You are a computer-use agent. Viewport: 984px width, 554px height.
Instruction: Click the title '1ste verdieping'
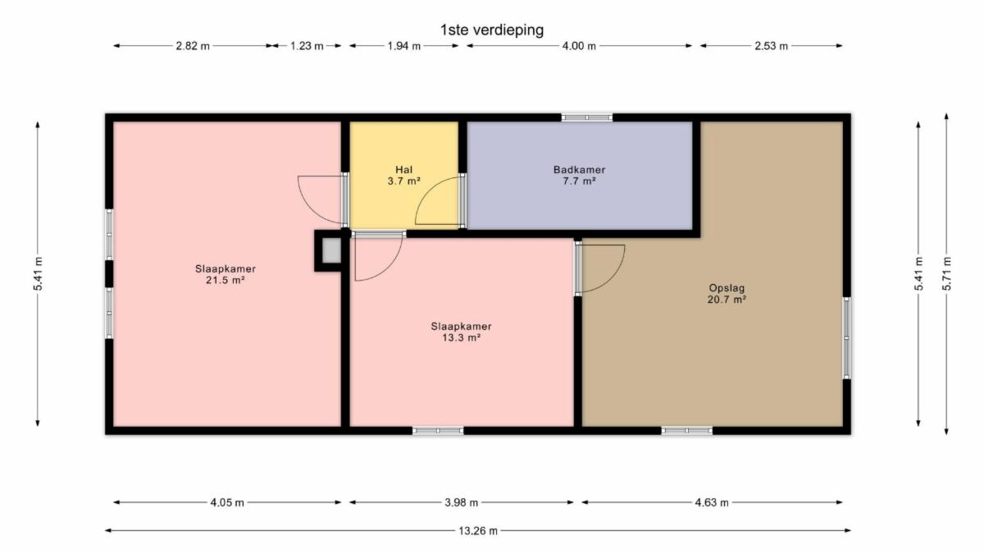tap(492, 30)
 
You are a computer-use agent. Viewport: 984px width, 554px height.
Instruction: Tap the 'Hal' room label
tap(403, 170)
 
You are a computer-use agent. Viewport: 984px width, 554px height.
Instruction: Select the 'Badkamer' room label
tap(579, 170)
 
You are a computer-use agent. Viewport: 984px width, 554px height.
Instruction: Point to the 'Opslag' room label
tap(727, 288)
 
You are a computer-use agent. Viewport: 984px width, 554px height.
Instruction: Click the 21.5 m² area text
tap(225, 280)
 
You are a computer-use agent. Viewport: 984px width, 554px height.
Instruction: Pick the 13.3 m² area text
tap(461, 337)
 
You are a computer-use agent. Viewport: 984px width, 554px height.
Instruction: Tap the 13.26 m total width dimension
tap(478, 531)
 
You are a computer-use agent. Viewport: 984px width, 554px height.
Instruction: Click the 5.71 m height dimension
tap(946, 273)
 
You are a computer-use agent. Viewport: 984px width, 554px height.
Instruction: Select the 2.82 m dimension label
tap(193, 46)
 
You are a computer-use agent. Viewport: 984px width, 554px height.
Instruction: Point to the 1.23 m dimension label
tap(307, 46)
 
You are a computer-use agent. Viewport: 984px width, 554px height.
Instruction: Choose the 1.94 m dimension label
tap(403, 46)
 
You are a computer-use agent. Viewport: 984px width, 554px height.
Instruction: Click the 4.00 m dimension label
tap(579, 46)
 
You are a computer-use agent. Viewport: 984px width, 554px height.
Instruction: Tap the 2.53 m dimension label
tap(772, 46)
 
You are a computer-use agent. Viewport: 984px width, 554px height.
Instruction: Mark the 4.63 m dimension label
tap(712, 502)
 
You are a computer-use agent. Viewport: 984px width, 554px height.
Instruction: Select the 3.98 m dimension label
tap(461, 502)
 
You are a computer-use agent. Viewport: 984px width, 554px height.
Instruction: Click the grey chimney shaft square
tap(331, 250)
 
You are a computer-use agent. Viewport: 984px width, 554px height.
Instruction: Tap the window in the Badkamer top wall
tap(587, 117)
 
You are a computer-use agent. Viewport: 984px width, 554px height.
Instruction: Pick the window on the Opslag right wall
tap(846, 337)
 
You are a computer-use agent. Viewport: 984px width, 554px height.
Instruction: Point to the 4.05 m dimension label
tap(227, 502)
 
